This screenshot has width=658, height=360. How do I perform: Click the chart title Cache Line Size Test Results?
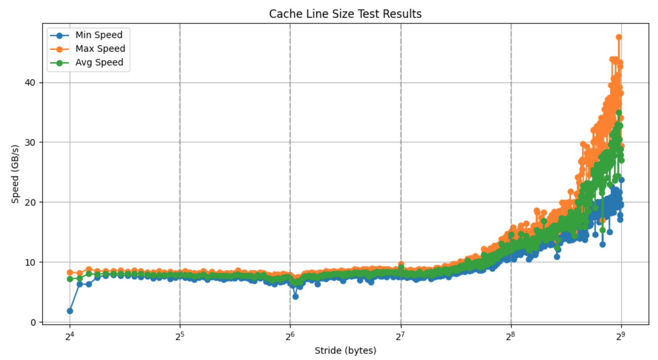345,14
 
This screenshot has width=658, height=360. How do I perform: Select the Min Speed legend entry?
99,35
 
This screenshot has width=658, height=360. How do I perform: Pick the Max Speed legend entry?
100,49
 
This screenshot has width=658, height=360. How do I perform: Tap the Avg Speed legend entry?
99,63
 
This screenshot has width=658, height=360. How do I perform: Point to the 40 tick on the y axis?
30,83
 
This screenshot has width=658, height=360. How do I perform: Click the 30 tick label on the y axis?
30,142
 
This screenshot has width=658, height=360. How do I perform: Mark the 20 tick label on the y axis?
30,202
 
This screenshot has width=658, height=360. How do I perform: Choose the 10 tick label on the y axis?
30,262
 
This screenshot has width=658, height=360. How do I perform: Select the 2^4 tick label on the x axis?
70,336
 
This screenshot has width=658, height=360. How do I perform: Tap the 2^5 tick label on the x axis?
180,336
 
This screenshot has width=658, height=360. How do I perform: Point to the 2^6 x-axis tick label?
290,336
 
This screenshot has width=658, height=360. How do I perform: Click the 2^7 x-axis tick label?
400,336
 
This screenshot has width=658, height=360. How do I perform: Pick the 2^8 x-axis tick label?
511,336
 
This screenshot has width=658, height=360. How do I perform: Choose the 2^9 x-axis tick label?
621,336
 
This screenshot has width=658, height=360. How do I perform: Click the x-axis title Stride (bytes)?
345,351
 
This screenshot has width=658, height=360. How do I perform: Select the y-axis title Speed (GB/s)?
15,174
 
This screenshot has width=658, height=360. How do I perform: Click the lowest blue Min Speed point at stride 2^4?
70,311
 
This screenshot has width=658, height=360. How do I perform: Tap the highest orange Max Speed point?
619,37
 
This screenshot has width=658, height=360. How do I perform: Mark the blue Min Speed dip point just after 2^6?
295,297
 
